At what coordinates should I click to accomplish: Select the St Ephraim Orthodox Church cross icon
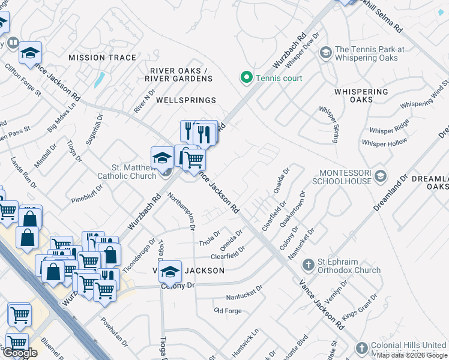(x=308, y=265)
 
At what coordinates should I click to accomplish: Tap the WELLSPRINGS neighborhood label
(x=185, y=100)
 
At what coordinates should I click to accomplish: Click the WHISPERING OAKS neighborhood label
(x=361, y=95)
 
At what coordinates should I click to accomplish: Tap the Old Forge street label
(x=228, y=310)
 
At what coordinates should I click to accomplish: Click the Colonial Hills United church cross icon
(x=361, y=348)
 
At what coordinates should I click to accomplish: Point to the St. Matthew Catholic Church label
(x=125, y=172)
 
